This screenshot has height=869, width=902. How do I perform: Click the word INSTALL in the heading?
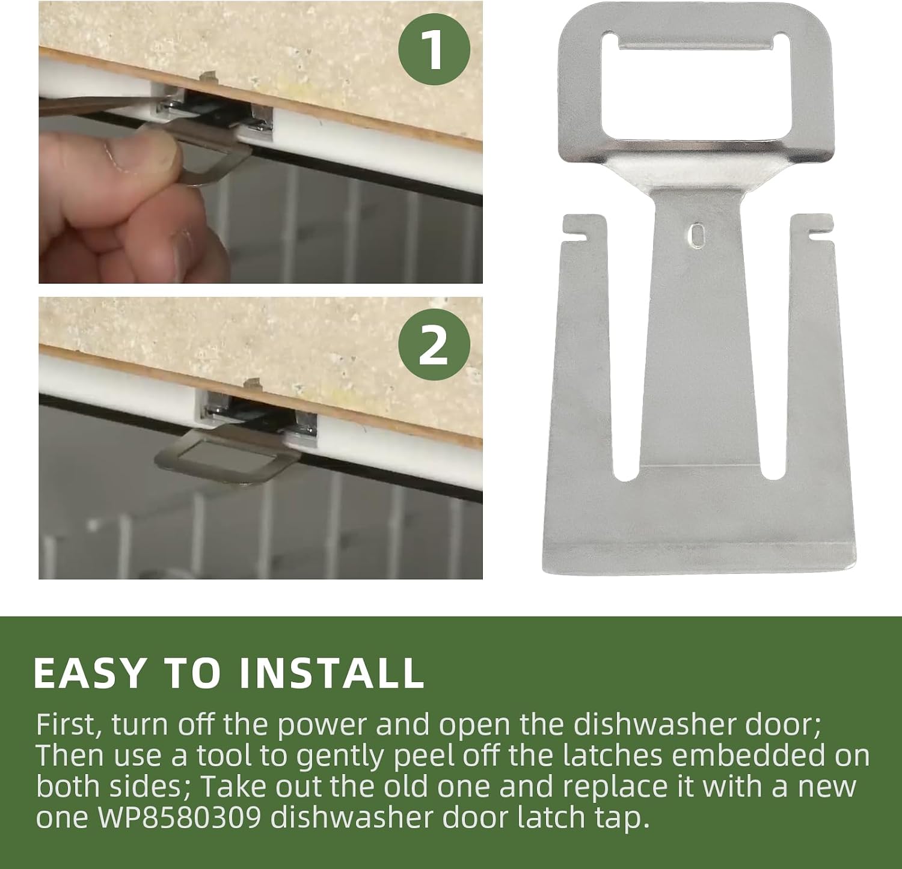pos(331,672)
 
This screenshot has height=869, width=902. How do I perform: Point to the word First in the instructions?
pos(69,725)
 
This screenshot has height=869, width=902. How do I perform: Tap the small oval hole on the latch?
pos(697,234)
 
